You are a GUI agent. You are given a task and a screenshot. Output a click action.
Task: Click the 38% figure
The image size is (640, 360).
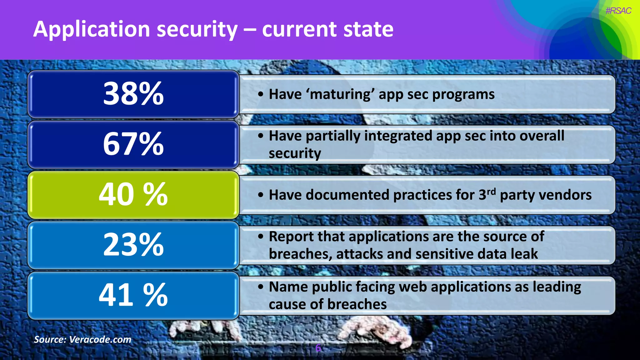tap(133, 93)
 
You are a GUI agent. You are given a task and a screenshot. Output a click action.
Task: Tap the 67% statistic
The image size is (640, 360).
tap(133, 144)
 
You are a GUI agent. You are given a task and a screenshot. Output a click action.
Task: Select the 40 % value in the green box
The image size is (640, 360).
tap(133, 194)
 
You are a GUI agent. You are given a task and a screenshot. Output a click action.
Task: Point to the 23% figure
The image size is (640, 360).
tap(133, 245)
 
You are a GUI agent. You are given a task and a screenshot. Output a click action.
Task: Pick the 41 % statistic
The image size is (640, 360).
tap(133, 295)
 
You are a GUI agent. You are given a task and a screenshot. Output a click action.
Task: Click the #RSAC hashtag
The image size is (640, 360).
tap(618, 11)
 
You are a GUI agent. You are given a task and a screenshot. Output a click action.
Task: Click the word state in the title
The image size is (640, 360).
tap(368, 29)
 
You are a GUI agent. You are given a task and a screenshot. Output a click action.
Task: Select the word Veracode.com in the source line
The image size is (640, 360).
tap(100, 339)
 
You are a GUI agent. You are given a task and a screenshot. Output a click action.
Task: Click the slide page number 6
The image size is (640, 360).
tap(318, 348)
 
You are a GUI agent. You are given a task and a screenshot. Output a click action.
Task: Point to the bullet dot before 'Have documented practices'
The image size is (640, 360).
tap(261, 195)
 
